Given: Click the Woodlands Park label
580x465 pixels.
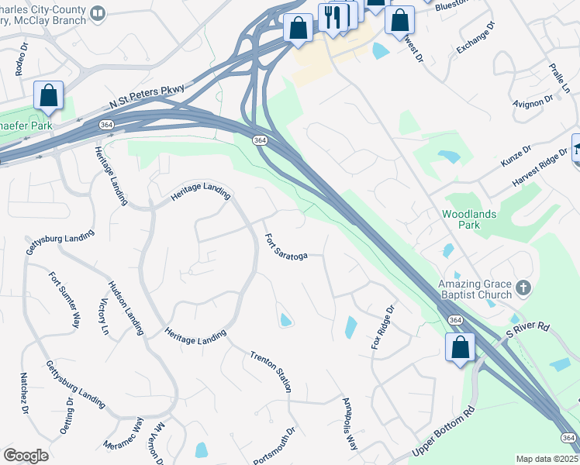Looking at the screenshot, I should coord(471,219).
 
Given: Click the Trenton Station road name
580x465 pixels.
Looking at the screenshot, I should coord(271,371).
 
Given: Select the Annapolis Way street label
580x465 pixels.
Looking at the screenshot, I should coord(350,425).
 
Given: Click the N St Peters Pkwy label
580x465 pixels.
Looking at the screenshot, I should coord(147,97).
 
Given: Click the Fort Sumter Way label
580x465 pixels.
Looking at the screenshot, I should coord(64,298).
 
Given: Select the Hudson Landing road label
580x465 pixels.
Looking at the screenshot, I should coord(126,308).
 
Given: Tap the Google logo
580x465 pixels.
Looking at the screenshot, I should coord(26,456).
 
